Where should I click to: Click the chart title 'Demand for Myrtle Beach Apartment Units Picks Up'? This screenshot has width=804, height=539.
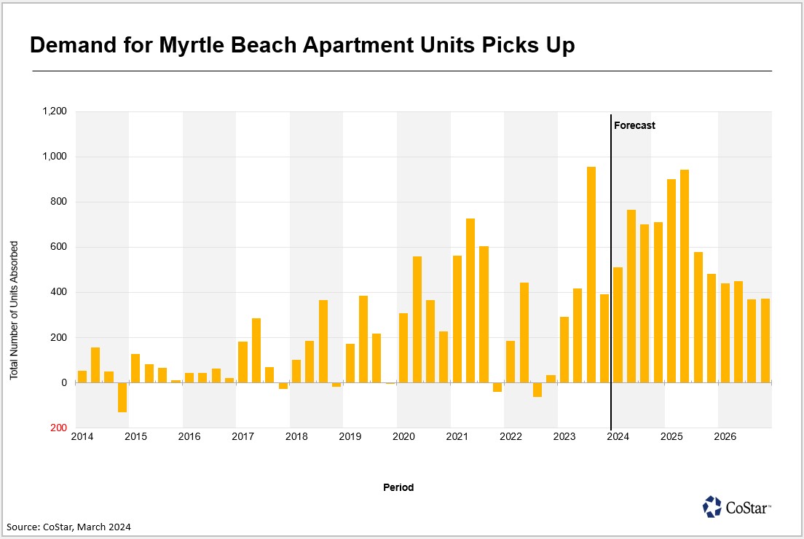coord(302,46)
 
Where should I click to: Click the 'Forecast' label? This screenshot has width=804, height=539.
coord(634,125)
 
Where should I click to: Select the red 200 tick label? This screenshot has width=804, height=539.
coord(58,428)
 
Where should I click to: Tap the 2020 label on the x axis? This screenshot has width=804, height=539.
coord(403,437)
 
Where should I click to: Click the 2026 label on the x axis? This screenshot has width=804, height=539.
coord(725,437)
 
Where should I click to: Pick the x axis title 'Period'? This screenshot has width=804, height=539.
coord(398,487)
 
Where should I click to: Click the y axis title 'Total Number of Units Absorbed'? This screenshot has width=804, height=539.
coord(14,310)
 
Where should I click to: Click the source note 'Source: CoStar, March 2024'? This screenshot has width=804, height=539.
coord(70,526)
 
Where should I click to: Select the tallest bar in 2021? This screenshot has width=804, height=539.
coord(470,300)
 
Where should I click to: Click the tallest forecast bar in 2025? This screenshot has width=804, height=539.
coord(685,276)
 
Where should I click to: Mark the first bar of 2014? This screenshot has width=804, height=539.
coord(82,377)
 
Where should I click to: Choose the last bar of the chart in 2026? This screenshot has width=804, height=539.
coord(765,340)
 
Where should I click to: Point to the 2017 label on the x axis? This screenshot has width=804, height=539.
coord(243,437)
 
